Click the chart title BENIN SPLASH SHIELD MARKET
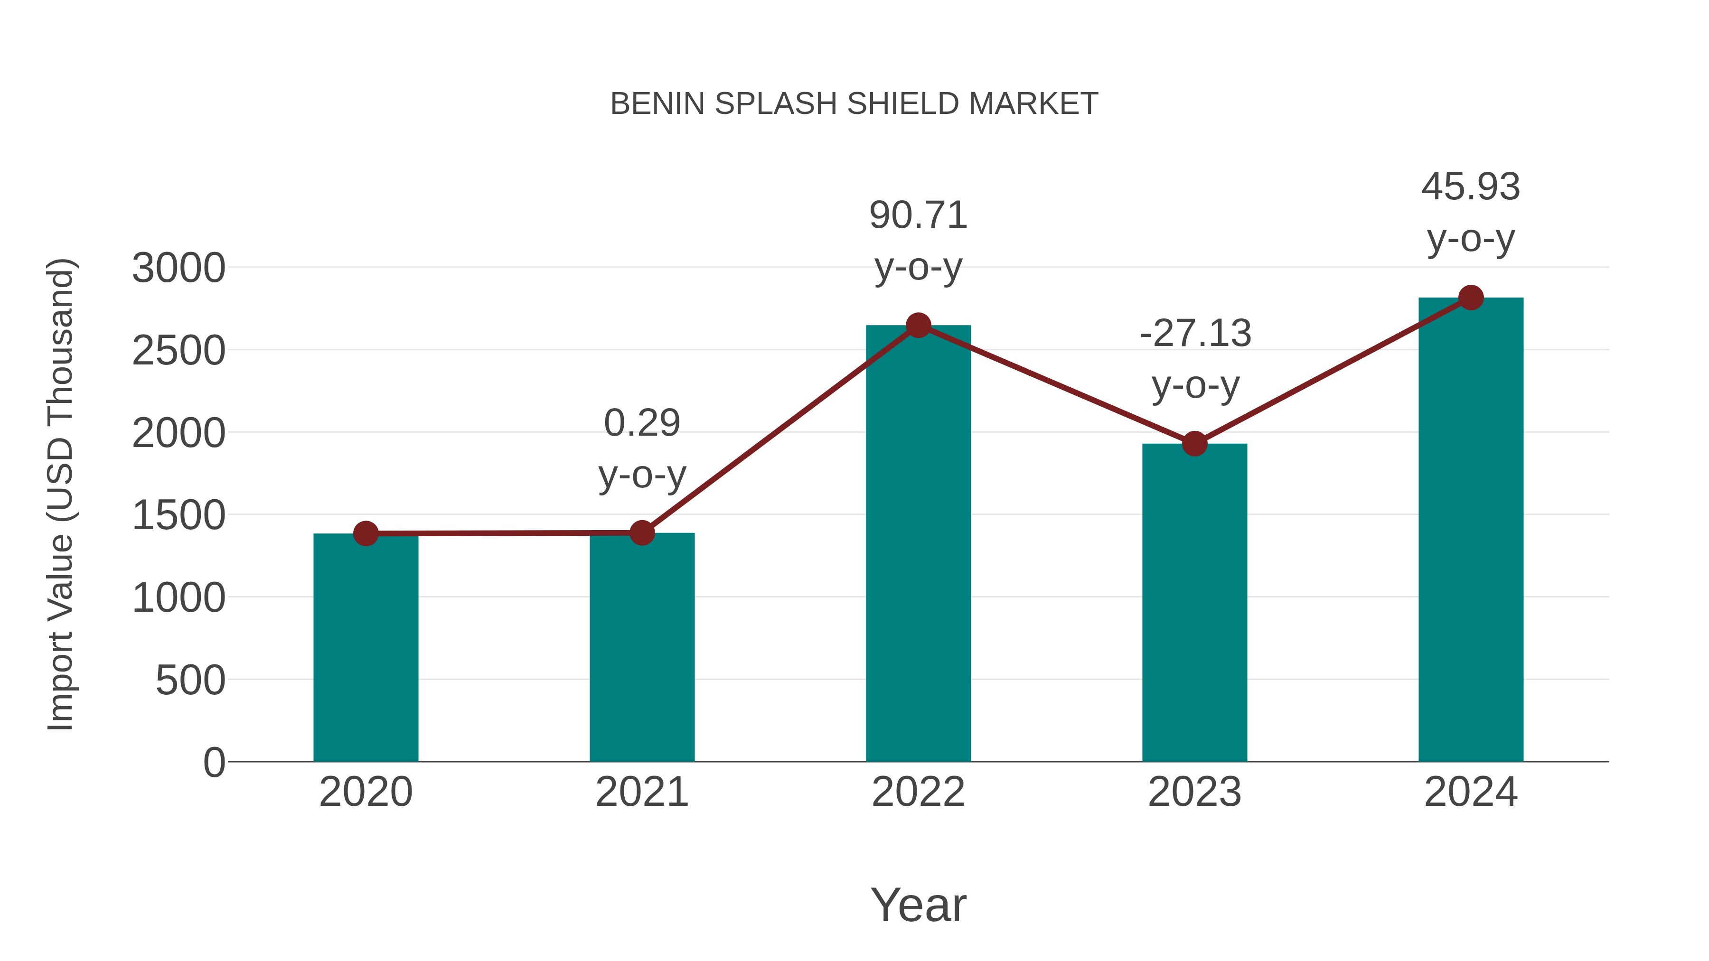pyautogui.click(x=854, y=104)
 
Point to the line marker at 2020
pyautogui.click(x=366, y=533)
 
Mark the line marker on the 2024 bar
pyautogui.click(x=1471, y=298)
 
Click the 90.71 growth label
pyautogui.click(x=918, y=216)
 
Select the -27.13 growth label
pyautogui.click(x=1195, y=334)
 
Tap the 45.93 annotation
pyautogui.click(x=1471, y=187)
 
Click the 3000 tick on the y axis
pyautogui.click(x=178, y=269)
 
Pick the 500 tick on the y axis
pyautogui.click(x=190, y=681)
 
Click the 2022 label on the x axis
pyautogui.click(x=918, y=792)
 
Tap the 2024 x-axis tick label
pyautogui.click(x=1471, y=792)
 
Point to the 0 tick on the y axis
pyautogui.click(x=214, y=763)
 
